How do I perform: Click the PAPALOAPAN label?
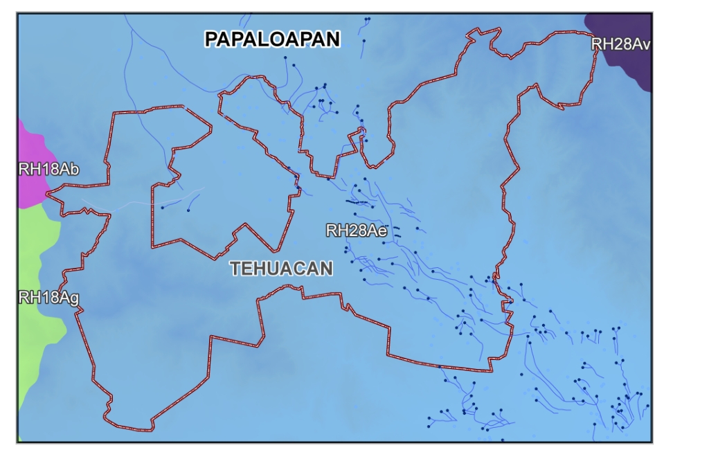coord(272,39)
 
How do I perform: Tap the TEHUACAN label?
coord(282,269)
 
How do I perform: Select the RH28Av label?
coord(620,45)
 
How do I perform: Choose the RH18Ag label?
coord(48,298)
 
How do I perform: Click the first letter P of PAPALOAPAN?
coord(212,39)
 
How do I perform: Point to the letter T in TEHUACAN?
coord(235,269)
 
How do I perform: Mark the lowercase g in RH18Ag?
coord(74,299)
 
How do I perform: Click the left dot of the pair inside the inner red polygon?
coord(162,207)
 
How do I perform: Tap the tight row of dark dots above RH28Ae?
coord(357,202)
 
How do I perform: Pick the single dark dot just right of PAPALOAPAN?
coord(363,42)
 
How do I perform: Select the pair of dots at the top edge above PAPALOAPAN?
coord(367,19)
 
